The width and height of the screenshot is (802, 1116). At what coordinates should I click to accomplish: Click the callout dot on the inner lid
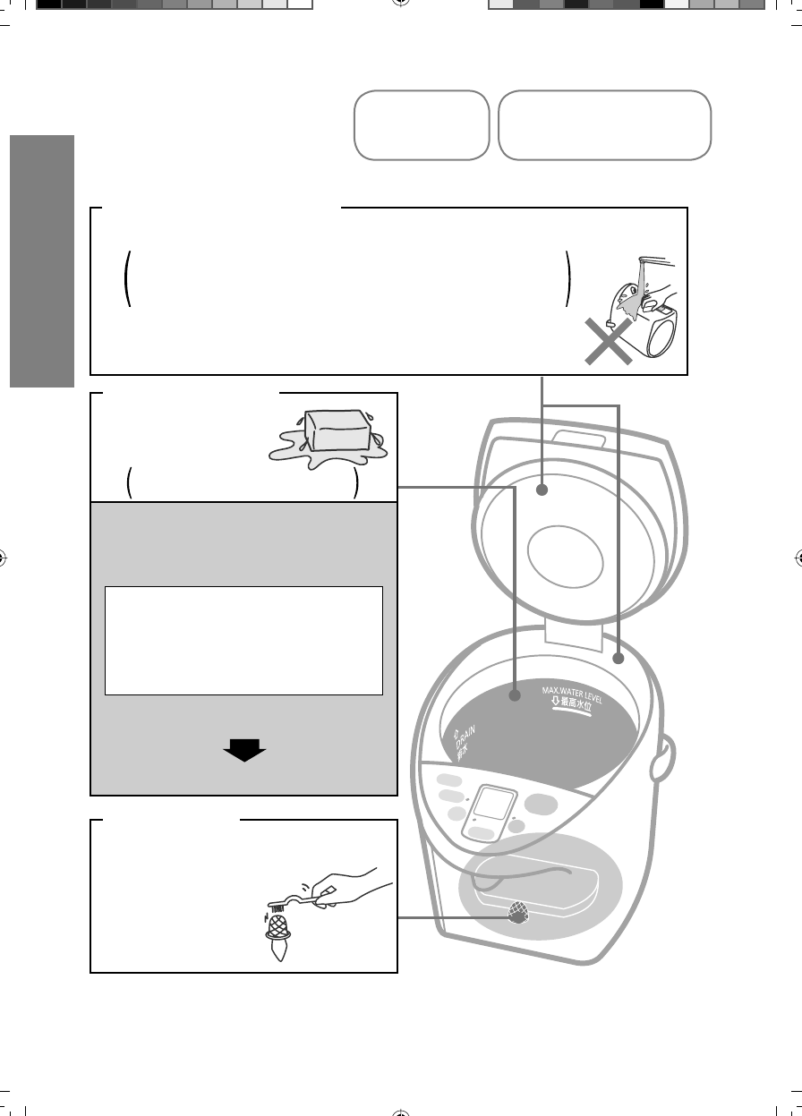543,490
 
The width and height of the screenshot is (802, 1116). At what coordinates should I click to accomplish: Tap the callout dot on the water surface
516,695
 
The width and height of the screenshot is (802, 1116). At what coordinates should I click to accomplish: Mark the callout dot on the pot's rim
619,659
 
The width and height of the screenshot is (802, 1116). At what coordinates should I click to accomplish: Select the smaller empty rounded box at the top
422,125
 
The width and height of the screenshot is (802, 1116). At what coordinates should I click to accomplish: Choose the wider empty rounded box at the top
604,125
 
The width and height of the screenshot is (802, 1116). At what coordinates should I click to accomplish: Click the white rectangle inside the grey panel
243,641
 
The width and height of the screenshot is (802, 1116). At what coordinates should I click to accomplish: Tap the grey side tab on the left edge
41,260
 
